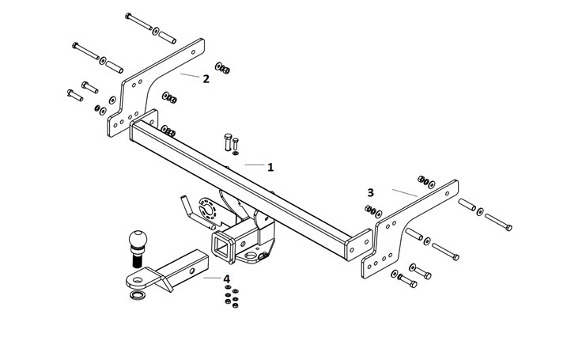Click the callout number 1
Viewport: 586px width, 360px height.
[x=270, y=167]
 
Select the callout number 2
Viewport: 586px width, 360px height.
[x=206, y=79]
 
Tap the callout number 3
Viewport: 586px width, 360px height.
[x=370, y=192]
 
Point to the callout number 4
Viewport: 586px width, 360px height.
[x=226, y=279]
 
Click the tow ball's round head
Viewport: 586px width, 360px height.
[x=138, y=238]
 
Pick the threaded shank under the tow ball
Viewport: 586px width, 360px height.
[x=137, y=259]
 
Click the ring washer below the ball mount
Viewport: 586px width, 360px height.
[x=138, y=295]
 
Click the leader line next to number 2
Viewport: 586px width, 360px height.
[x=190, y=75]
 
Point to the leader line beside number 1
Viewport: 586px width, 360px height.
[x=255, y=165]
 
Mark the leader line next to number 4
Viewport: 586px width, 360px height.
[x=212, y=278]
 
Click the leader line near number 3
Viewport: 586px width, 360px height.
[x=405, y=193]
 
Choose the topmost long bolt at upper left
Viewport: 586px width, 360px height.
[x=138, y=21]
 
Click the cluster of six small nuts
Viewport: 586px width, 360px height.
[x=232, y=296]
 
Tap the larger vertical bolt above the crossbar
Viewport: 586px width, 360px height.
[x=228, y=142]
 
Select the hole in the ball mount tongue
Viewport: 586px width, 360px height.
[x=137, y=279]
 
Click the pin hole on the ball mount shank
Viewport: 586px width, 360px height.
[x=191, y=271]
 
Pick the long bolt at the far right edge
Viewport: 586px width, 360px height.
[x=498, y=222]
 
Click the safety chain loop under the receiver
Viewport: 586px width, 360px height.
[x=251, y=256]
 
